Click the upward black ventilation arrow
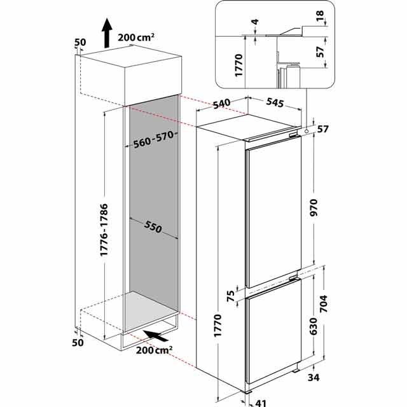(107, 33)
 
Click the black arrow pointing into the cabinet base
(156, 336)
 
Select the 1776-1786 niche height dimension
(104, 230)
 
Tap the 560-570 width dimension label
(153, 139)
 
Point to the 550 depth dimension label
(153, 226)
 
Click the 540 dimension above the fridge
(222, 104)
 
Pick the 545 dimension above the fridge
(275, 102)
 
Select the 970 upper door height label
(314, 208)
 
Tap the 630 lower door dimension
(314, 326)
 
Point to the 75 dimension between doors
(230, 296)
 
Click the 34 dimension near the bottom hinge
(314, 377)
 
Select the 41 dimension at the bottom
(261, 403)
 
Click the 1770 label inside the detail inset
(238, 65)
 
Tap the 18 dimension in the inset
(320, 16)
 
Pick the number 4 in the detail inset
(256, 22)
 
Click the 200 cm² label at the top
(136, 38)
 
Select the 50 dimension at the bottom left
(78, 343)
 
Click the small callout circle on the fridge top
(307, 131)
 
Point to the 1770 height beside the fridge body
(217, 326)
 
